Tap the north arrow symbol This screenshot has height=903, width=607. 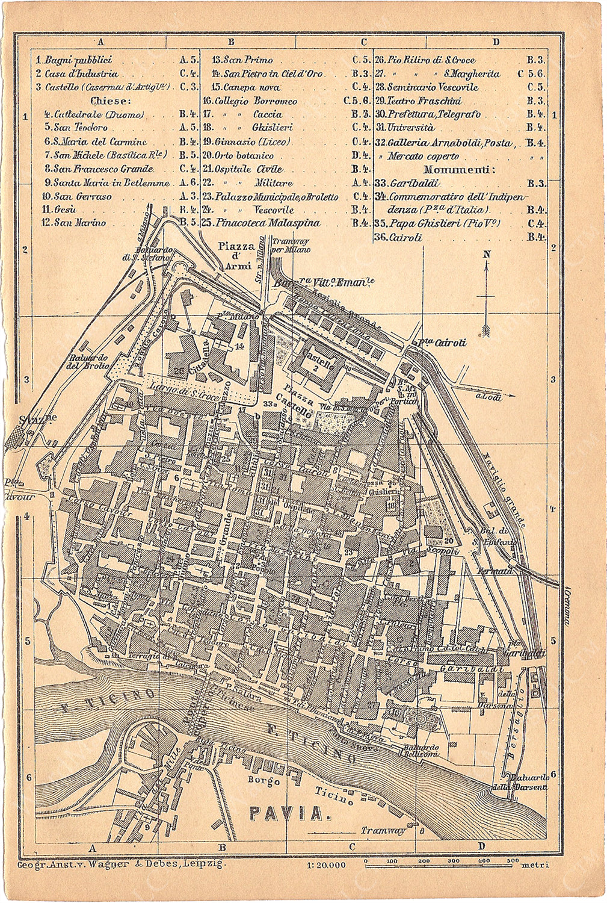coord(486,295)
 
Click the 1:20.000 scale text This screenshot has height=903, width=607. coord(326,865)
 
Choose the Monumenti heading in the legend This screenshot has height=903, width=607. coord(460,170)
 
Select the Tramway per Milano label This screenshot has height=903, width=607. coord(291,245)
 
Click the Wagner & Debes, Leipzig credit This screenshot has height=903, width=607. coord(120,863)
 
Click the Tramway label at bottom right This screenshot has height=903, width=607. coord(383,831)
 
